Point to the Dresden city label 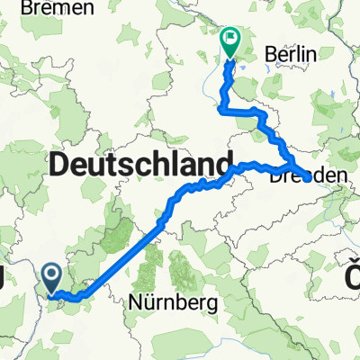click(x=307, y=179)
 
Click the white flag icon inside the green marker click(x=231, y=39)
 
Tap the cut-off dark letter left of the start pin click(x=4, y=279)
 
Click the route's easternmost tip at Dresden click(x=310, y=178)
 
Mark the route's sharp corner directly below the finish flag click(x=221, y=108)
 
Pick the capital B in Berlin click(x=273, y=56)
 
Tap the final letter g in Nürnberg click(x=212, y=305)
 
